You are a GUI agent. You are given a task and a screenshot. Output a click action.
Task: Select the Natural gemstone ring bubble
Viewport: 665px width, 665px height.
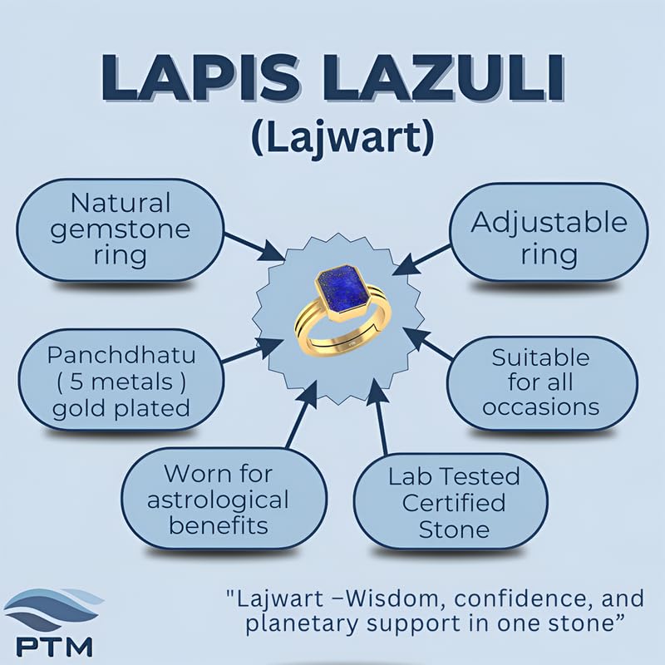point(120,230)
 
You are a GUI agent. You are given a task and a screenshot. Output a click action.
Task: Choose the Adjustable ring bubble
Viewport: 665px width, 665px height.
point(549,233)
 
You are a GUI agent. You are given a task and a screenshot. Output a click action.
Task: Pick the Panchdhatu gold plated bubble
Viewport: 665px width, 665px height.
point(121,381)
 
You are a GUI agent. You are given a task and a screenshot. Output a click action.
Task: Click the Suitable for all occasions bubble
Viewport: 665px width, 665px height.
point(542,382)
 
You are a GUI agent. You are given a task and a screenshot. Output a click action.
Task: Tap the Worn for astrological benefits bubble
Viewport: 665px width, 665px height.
point(224,499)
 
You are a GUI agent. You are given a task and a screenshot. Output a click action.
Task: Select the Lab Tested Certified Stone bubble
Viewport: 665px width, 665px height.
point(451,502)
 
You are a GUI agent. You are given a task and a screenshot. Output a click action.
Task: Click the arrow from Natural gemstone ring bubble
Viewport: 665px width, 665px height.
point(254,246)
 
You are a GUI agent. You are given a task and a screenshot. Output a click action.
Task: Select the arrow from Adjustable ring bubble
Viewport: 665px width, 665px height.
point(422,259)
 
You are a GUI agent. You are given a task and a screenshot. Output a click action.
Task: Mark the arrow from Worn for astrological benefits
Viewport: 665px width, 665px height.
point(302,414)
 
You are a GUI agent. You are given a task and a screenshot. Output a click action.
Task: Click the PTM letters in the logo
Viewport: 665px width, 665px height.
point(54,647)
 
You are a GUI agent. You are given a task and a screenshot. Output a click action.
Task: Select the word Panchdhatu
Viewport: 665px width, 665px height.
point(121,355)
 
